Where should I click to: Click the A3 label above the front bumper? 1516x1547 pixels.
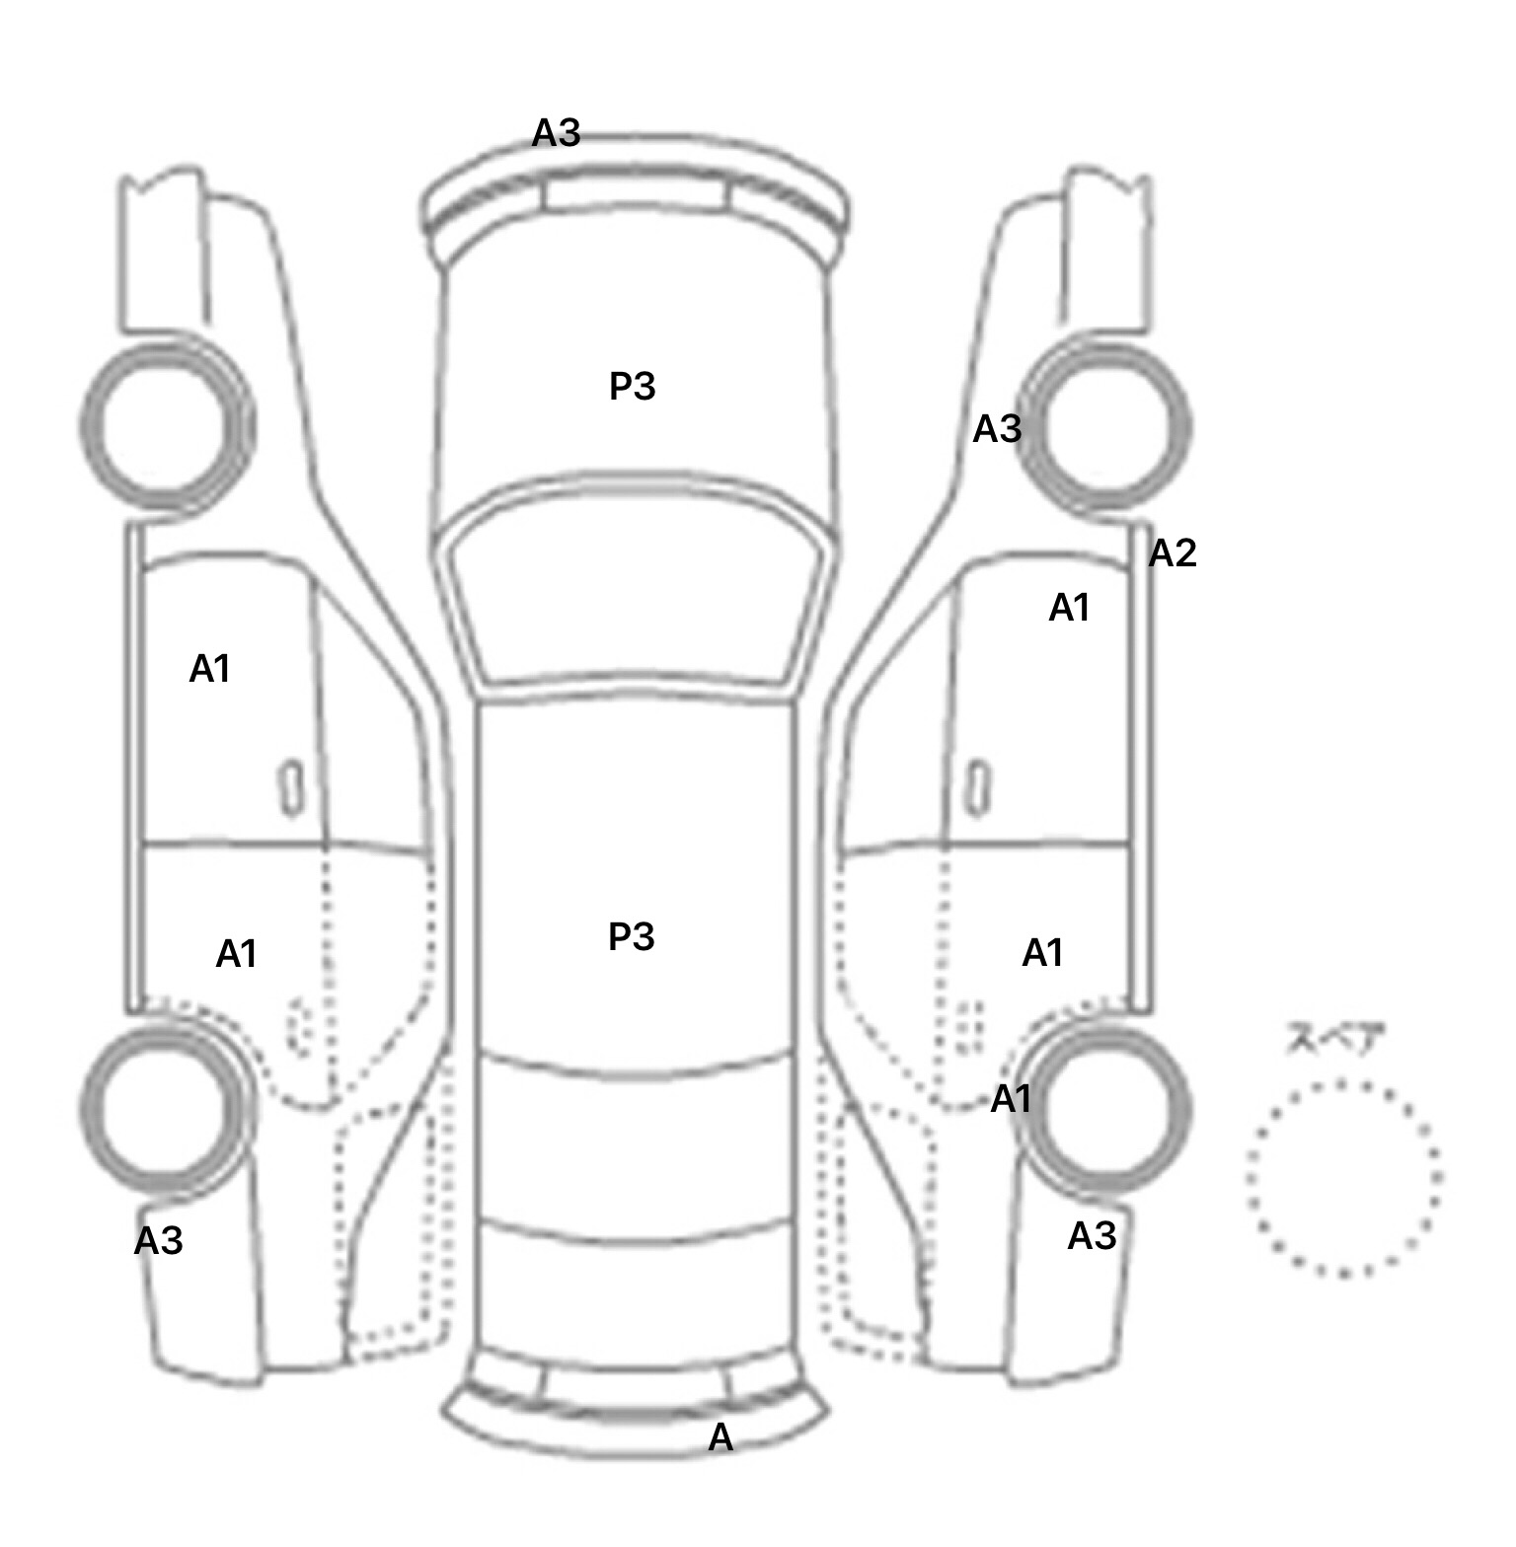[x=556, y=132]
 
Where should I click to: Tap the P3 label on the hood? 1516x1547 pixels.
[x=632, y=386]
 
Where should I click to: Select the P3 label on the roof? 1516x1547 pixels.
[x=631, y=936]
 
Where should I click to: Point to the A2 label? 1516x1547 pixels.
[x=1173, y=553]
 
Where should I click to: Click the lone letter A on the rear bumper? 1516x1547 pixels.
[x=720, y=1438]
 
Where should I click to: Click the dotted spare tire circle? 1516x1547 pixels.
[x=1343, y=1178]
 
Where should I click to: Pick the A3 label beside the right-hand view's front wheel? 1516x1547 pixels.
[x=997, y=429]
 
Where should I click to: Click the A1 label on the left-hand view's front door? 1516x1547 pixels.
[x=209, y=669]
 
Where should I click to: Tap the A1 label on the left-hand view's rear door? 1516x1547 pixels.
[x=236, y=954]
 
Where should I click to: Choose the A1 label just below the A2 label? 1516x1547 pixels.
[x=1069, y=608]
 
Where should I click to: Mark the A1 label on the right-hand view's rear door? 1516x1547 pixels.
[x=1042, y=953]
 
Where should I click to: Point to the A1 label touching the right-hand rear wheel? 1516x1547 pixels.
[x=1011, y=1098]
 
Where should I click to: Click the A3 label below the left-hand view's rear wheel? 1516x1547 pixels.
[x=158, y=1241]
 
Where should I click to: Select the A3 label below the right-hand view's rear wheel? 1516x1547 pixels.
[x=1092, y=1235]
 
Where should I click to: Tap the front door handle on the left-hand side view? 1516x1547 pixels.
[x=292, y=787]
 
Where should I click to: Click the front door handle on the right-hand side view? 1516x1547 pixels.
[x=977, y=787]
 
